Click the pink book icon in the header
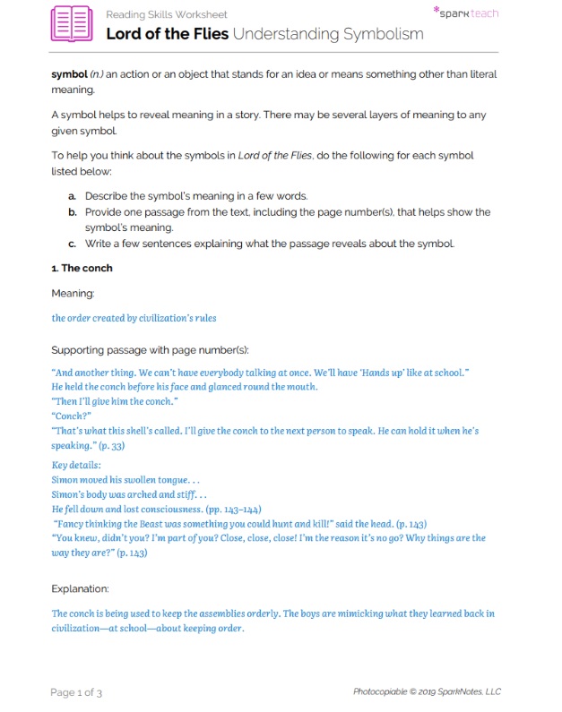tap(73, 24)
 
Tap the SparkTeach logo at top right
tap(465, 13)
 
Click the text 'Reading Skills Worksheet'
tap(166, 15)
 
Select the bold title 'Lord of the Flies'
tap(167, 34)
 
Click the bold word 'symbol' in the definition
tap(69, 74)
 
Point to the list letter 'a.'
tap(73, 195)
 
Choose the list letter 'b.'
tap(73, 212)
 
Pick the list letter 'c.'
tap(73, 243)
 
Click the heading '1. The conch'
tap(82, 268)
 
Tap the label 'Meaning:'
tap(73, 293)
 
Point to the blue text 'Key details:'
tap(76, 466)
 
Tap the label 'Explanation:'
tap(80, 588)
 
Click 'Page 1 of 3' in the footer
tap(76, 691)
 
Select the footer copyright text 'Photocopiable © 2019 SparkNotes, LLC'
tap(427, 691)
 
